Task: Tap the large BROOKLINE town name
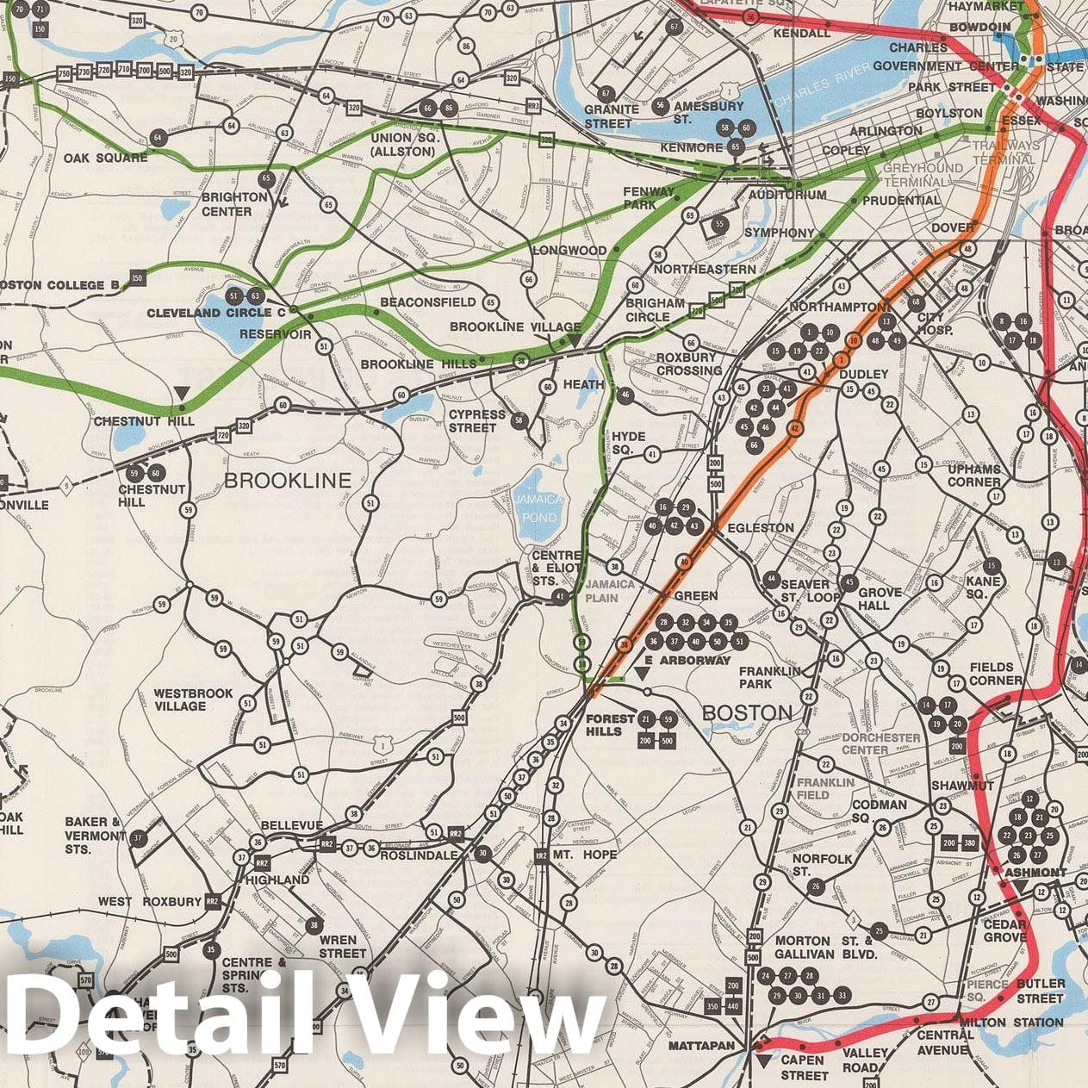288,480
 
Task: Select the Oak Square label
105,158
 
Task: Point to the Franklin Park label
769,676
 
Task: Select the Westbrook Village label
180,699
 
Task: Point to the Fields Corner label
995,674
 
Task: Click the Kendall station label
801,34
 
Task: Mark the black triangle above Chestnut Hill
181,394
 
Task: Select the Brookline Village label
515,327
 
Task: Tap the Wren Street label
342,946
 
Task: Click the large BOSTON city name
746,712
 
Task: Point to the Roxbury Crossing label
688,364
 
